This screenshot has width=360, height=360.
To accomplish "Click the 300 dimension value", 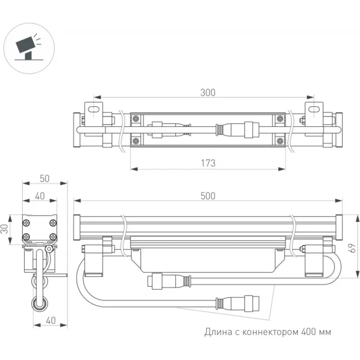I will point(207,93).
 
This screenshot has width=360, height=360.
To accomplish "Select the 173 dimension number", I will point(207,163).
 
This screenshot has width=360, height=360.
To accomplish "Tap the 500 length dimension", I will point(207,196).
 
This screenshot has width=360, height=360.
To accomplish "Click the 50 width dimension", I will point(44,178).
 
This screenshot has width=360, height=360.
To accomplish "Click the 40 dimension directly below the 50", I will point(40,196).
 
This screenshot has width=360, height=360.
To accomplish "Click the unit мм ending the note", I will point(326,333).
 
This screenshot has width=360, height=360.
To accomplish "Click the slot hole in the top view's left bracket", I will point(94,108).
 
